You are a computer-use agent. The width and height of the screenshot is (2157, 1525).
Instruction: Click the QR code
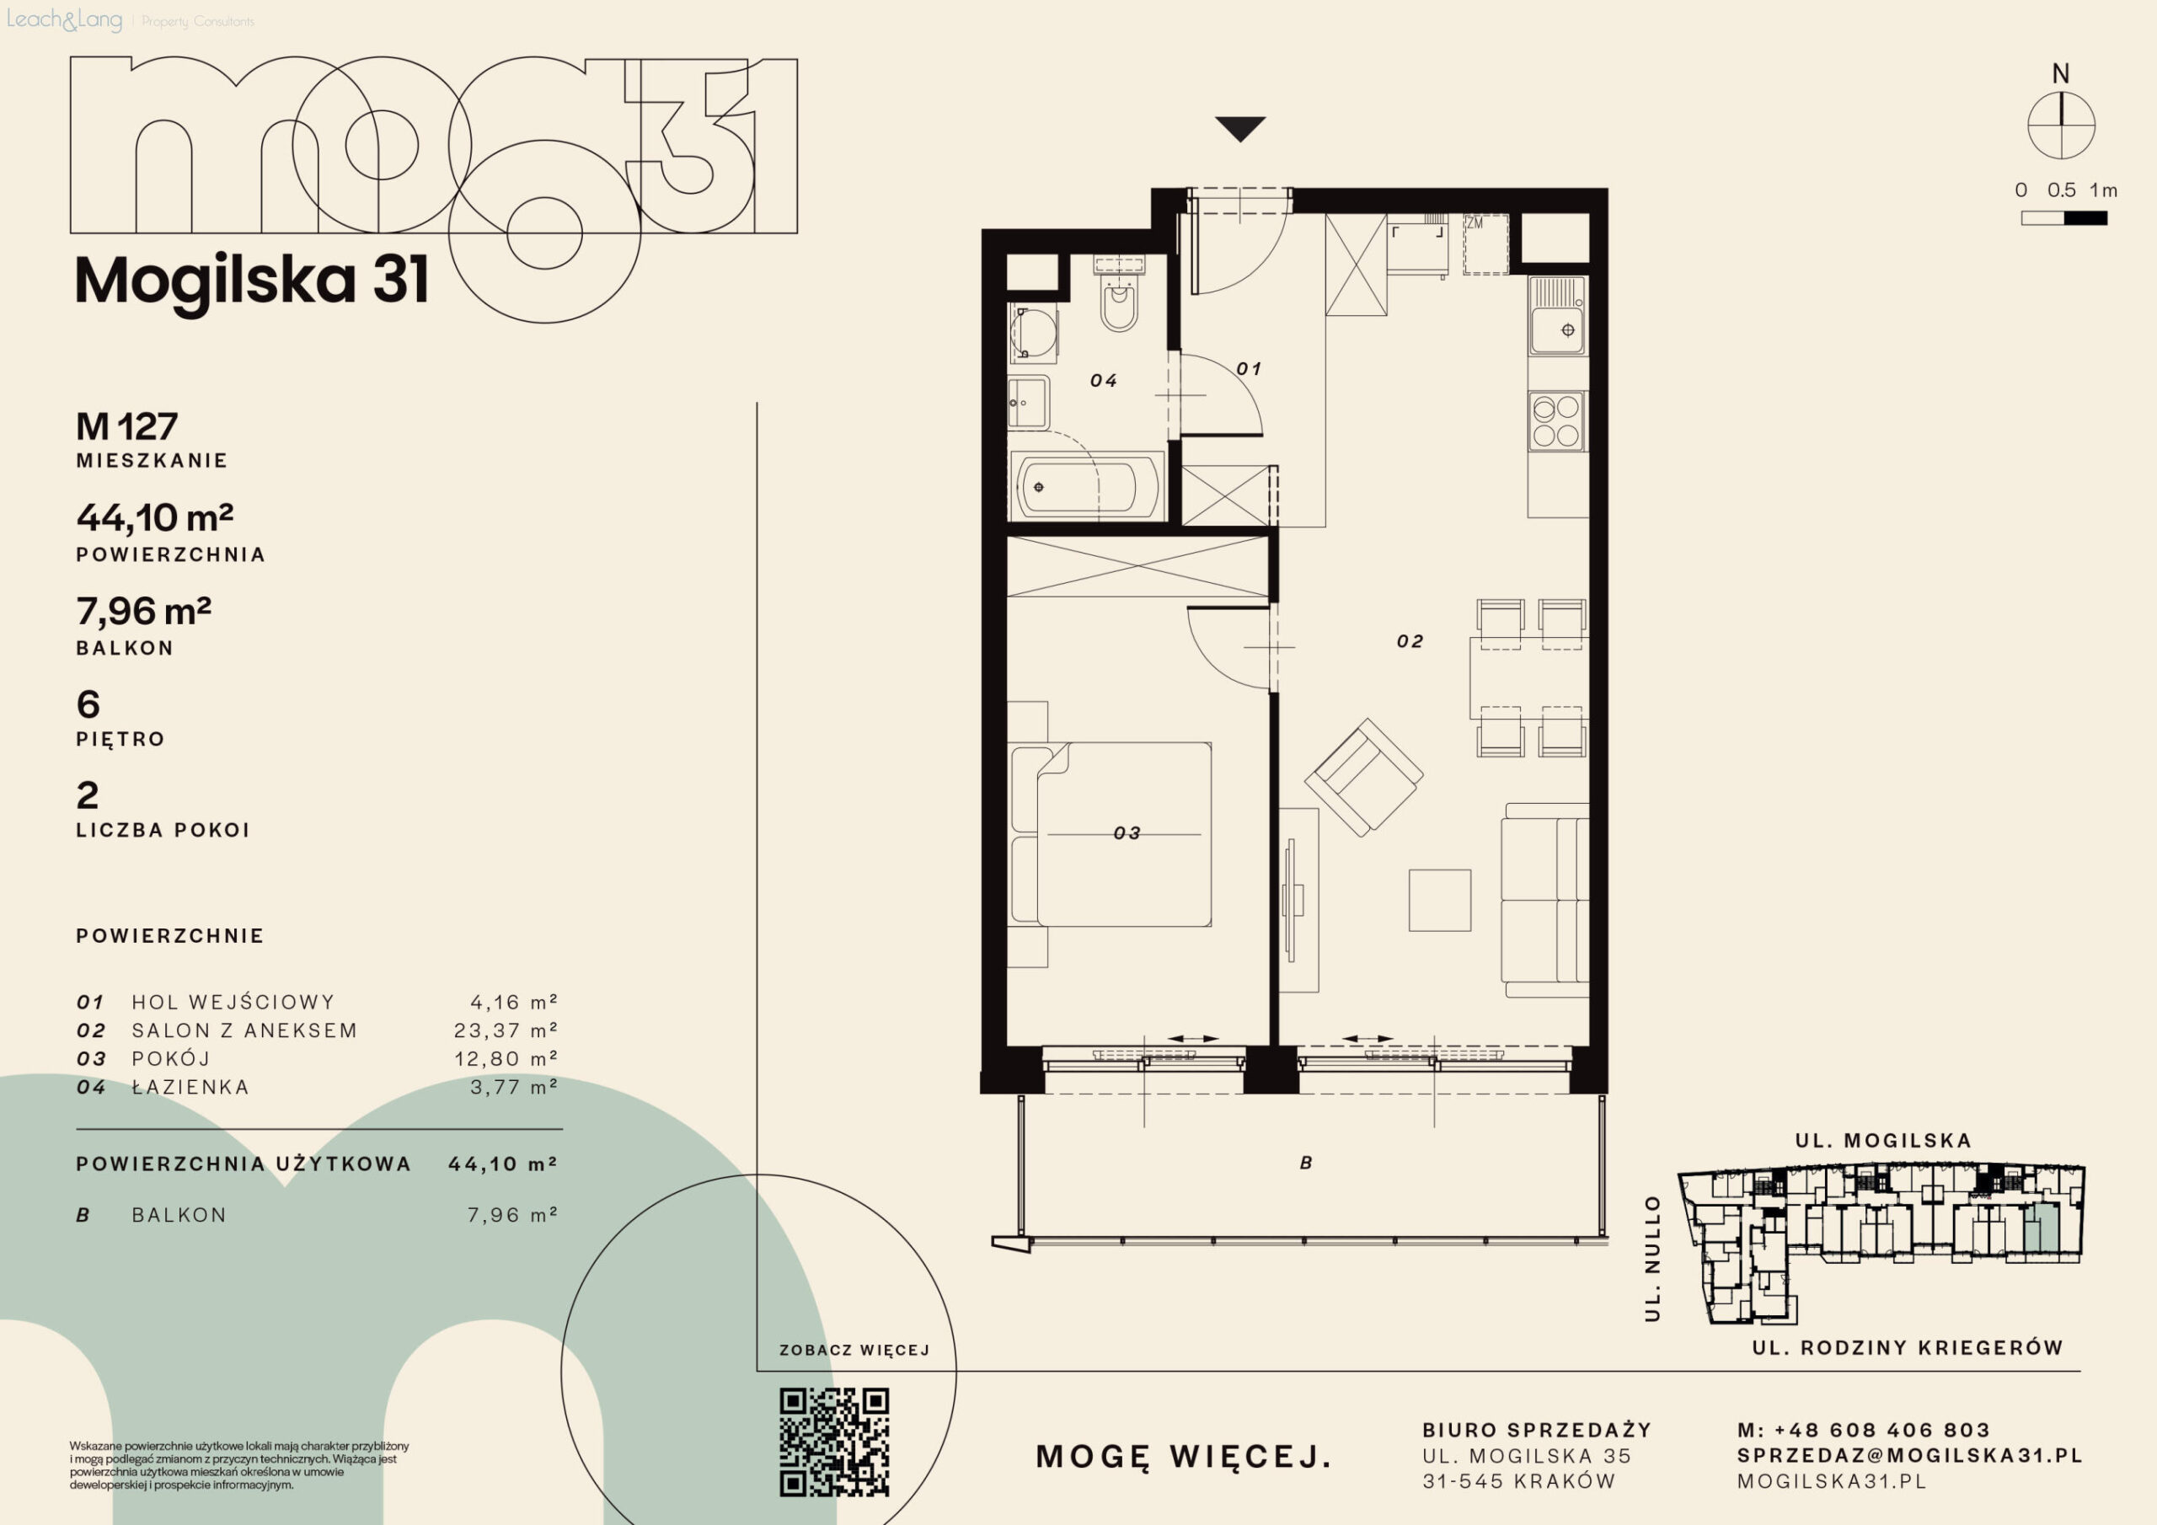click(x=834, y=1442)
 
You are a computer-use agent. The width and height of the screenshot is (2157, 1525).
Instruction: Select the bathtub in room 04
click(x=1087, y=487)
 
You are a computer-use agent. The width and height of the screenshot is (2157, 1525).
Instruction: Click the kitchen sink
click(x=1557, y=316)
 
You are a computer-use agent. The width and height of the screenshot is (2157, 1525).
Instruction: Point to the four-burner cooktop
click(x=1557, y=421)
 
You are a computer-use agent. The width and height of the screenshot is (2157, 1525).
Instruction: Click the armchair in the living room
click(x=1364, y=777)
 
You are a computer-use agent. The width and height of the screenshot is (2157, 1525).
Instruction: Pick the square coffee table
click(x=1439, y=900)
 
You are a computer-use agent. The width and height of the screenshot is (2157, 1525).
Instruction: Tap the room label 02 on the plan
click(x=1409, y=642)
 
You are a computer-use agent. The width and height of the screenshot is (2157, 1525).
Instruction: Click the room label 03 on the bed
click(x=1127, y=833)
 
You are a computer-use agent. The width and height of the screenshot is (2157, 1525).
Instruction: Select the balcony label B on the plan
click(x=1306, y=1164)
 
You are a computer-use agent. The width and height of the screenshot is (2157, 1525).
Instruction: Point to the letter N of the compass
click(x=2060, y=73)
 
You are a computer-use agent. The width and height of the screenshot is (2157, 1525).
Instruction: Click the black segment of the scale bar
click(x=2085, y=218)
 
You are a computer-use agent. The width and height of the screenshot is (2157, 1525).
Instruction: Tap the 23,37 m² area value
click(x=506, y=1030)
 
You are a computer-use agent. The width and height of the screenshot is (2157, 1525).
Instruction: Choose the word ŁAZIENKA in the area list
click(x=190, y=1087)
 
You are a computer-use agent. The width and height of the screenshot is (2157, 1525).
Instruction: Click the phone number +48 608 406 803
click(x=1881, y=1430)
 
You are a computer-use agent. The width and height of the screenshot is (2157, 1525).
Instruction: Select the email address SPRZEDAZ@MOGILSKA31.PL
click(x=1910, y=1455)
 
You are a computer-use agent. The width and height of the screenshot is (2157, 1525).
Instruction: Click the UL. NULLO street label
click(x=1652, y=1259)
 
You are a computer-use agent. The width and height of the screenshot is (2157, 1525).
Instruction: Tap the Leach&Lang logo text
click(x=64, y=19)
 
